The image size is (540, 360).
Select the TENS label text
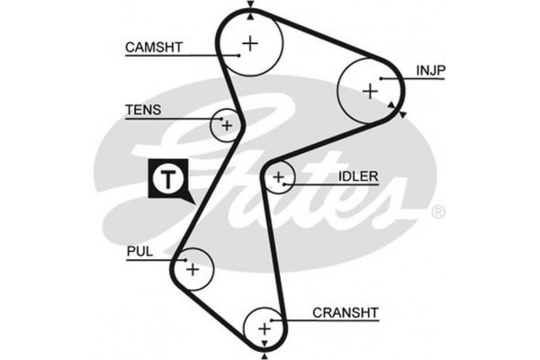pos(142,111)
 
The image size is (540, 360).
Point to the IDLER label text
pos(358,176)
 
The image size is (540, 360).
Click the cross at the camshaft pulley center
pos(250,41)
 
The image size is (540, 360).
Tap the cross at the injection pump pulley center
pos(368,90)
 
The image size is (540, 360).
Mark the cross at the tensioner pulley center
pos(227,124)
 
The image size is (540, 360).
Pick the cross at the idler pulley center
pos(279,176)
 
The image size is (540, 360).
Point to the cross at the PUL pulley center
pos(192,268)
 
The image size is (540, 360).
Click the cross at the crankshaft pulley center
pos(265,328)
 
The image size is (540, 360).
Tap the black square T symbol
pos(167,177)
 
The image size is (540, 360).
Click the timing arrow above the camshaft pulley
pos(250,6)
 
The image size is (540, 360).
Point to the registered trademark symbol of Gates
pos(438,212)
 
